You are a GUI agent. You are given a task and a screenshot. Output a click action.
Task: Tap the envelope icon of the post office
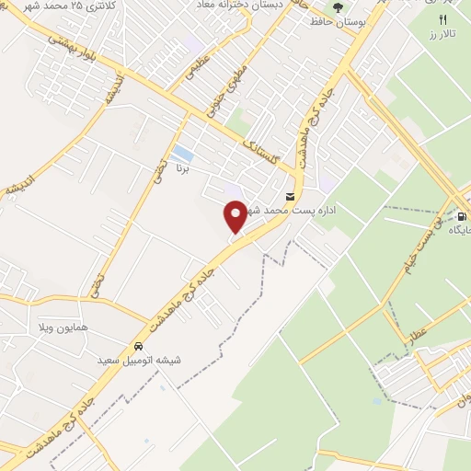(x=291, y=197)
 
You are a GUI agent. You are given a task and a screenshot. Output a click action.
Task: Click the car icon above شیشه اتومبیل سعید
(x=138, y=347)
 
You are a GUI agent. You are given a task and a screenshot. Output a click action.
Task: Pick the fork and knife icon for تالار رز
(x=442, y=19)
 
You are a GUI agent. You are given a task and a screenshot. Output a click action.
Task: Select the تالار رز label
(x=442, y=34)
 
